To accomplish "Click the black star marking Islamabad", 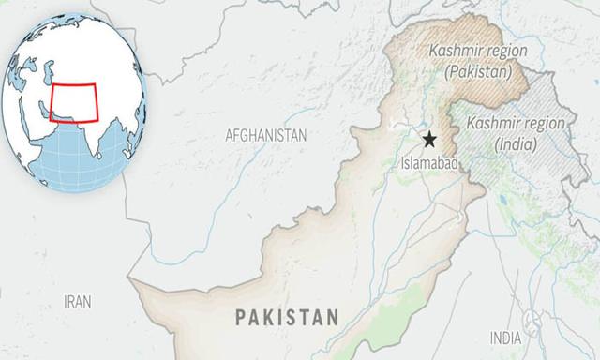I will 429,140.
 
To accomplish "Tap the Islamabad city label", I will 429,163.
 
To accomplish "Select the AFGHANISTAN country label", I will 265,136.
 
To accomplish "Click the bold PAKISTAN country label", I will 286,317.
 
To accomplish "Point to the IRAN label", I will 78,301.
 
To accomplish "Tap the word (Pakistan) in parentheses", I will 477,70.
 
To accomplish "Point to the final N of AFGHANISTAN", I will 302,136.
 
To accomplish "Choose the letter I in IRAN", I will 65,301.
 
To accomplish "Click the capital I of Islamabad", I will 402,163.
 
